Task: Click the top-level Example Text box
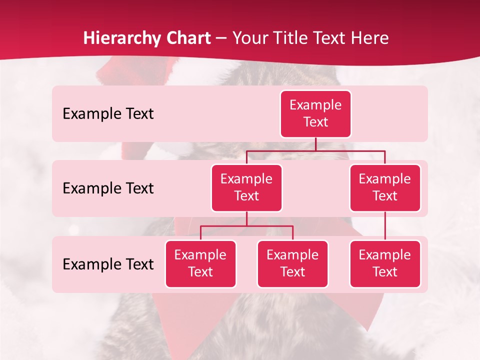(x=315, y=113)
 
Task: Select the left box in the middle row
(x=246, y=187)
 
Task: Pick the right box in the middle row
(x=385, y=187)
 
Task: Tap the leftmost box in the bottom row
(x=200, y=263)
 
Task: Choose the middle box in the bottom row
(x=292, y=263)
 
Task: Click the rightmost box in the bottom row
(x=385, y=263)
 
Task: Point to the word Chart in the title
(x=185, y=38)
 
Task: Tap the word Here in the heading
(x=369, y=38)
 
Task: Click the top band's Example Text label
(x=108, y=114)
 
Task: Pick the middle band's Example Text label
(x=108, y=188)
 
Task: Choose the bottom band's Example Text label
(x=108, y=264)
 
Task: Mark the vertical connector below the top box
(x=315, y=144)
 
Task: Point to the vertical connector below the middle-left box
(x=246, y=219)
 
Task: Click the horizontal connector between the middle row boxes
(x=315, y=150)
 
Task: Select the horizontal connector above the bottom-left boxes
(x=246, y=226)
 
